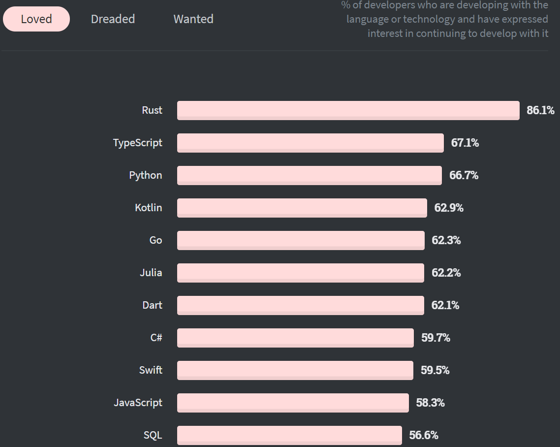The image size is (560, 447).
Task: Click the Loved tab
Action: (x=36, y=19)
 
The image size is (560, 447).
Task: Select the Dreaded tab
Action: (x=113, y=19)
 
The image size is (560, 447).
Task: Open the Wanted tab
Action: (x=193, y=19)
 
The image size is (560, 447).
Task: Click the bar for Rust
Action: (x=348, y=110)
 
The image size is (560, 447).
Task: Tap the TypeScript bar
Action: (x=310, y=143)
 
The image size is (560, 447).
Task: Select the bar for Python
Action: (x=309, y=175)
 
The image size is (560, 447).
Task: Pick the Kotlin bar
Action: (x=302, y=208)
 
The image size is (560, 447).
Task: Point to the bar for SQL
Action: (x=289, y=435)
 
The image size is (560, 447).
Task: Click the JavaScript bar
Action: (x=293, y=403)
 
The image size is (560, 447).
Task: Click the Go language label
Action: (x=156, y=240)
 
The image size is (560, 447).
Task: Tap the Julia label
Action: (x=151, y=273)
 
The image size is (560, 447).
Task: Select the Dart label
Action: (x=152, y=305)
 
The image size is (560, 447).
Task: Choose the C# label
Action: (x=156, y=338)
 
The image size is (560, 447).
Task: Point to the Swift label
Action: (x=151, y=370)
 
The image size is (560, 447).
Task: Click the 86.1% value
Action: (x=540, y=110)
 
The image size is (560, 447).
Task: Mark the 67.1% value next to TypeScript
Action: (x=465, y=143)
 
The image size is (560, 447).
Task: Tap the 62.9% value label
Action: (x=449, y=208)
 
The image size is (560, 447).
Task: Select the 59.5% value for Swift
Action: (x=435, y=370)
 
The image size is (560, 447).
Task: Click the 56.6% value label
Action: (x=424, y=435)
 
